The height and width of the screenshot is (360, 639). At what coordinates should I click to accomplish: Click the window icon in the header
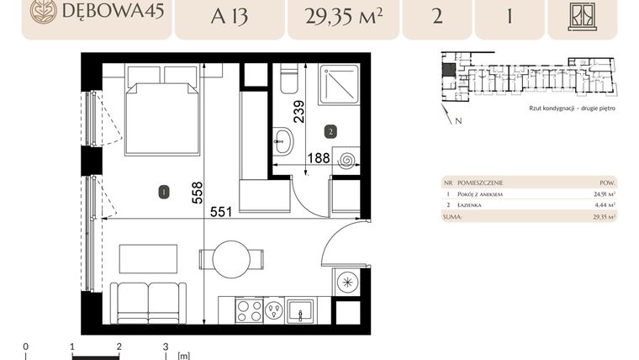pyautogui.click(x=582, y=15)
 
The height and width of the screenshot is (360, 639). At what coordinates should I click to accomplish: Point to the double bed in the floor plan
pyautogui.click(x=162, y=114)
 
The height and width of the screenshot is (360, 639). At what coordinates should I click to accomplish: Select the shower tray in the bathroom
pyautogui.click(x=339, y=83)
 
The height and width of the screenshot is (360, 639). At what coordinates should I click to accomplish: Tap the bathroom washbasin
pyautogui.click(x=283, y=140)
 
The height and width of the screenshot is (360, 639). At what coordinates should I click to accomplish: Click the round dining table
pyautogui.click(x=232, y=259)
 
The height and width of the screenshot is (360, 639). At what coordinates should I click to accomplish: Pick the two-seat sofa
pyautogui.click(x=150, y=302)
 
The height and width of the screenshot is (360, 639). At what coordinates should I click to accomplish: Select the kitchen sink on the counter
pyautogui.click(x=299, y=310)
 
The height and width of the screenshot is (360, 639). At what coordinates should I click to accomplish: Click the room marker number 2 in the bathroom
pyautogui.click(x=331, y=132)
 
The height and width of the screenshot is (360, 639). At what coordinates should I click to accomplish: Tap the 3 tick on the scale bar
pyautogui.click(x=166, y=346)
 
